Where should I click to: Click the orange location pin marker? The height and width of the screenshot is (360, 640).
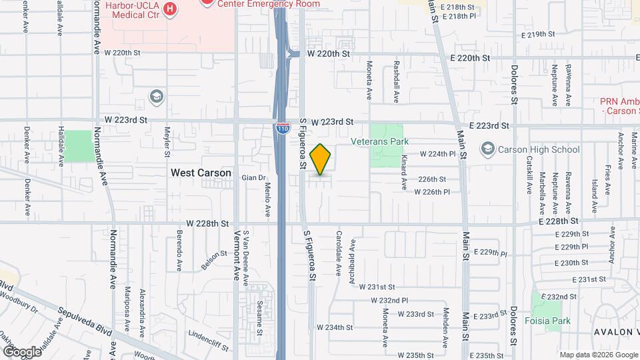321,159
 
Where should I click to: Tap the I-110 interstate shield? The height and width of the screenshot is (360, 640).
284,128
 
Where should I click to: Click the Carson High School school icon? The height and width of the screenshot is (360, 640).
488,149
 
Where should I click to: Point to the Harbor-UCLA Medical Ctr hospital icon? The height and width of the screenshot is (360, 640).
170,9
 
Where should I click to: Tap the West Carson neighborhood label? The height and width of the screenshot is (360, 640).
201,173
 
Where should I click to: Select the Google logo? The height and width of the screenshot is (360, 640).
22,351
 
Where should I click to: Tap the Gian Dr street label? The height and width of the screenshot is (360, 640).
249,178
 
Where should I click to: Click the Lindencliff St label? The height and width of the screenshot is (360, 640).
209,339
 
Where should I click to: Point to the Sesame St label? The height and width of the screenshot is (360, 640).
260,313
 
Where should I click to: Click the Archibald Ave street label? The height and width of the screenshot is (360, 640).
353,255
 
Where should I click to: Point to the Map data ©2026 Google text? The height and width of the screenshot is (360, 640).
598,355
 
